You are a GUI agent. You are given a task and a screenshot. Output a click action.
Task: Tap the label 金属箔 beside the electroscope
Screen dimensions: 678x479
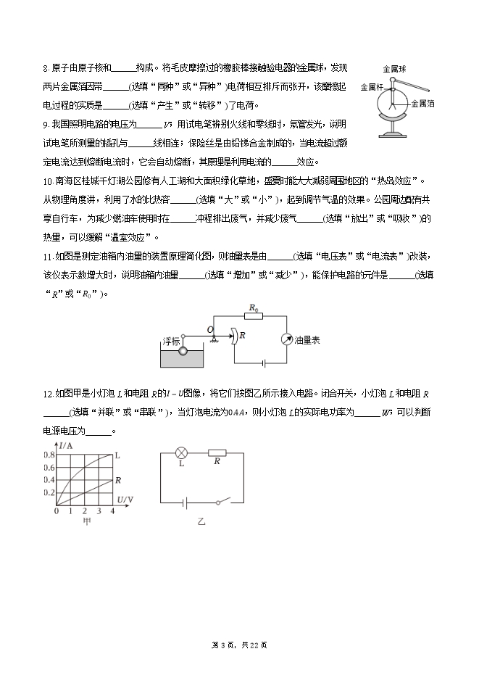[422, 104]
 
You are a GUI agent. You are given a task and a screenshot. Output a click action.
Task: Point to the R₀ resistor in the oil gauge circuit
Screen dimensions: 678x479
[253, 317]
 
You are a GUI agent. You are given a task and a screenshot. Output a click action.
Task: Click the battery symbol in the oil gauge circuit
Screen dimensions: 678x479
[265, 362]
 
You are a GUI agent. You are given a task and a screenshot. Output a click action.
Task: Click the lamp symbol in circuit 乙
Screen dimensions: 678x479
[183, 453]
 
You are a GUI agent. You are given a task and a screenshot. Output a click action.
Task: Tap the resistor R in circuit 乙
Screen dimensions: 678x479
[217, 454]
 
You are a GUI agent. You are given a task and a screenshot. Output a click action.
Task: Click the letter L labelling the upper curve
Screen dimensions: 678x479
[117, 455]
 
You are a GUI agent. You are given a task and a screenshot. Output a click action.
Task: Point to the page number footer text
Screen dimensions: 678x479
[239, 645]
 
